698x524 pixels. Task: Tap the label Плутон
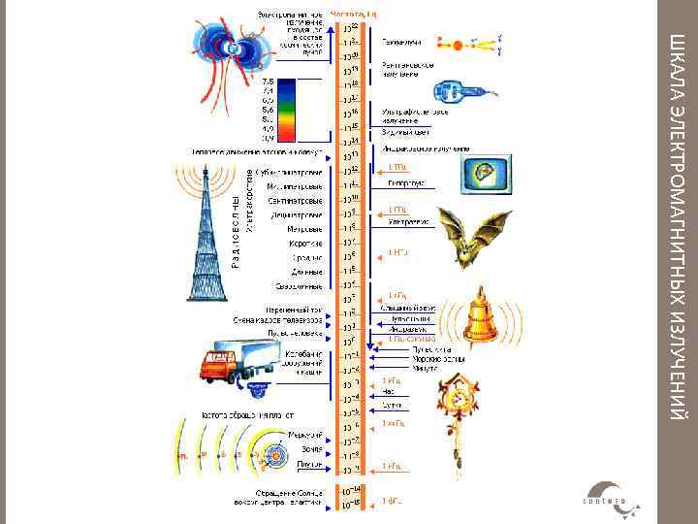(309, 465)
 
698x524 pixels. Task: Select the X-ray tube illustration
(465, 88)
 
